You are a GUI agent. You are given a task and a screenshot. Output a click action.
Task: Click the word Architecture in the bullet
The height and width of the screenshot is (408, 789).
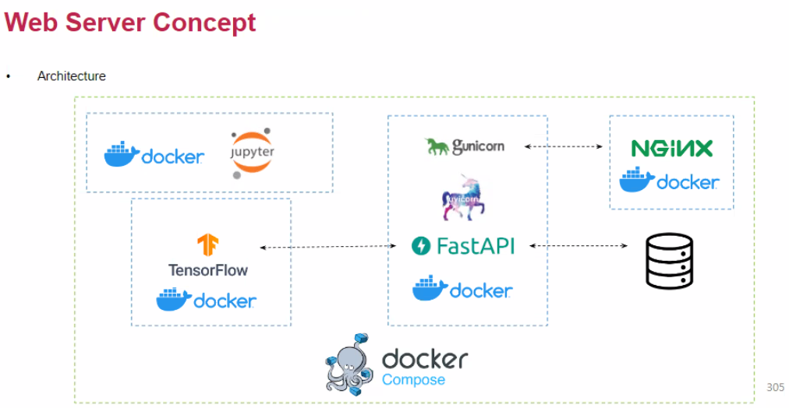[71, 76]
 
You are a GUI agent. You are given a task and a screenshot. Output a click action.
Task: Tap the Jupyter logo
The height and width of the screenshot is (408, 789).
[252, 153]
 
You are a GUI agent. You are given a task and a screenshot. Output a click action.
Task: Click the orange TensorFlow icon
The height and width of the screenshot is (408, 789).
[207, 245]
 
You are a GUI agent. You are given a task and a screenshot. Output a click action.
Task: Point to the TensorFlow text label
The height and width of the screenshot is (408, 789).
[208, 270]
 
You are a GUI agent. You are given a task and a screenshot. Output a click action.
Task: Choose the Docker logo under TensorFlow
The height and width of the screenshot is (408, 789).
[206, 299]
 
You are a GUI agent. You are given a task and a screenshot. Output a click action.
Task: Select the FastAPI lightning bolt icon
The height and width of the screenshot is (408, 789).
[421, 246]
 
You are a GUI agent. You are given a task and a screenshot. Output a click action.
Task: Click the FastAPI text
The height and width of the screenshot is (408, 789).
[476, 246]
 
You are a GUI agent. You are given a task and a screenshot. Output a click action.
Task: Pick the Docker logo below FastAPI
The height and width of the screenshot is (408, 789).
[462, 289]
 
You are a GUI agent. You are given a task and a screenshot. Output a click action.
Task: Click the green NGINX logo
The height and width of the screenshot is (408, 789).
[671, 148]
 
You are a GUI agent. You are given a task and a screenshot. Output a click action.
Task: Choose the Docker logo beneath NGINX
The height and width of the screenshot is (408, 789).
[669, 181]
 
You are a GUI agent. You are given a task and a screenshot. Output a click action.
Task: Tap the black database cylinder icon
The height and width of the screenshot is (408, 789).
[669, 261]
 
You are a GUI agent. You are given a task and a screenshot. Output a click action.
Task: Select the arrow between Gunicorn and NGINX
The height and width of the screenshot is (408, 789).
[564, 146]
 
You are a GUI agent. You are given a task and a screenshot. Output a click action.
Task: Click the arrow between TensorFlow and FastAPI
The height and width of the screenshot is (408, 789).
[328, 247]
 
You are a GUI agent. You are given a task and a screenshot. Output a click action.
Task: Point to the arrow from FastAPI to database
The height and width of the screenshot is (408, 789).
[578, 246]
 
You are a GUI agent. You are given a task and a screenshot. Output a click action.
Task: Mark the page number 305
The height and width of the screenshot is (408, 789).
[775, 387]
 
